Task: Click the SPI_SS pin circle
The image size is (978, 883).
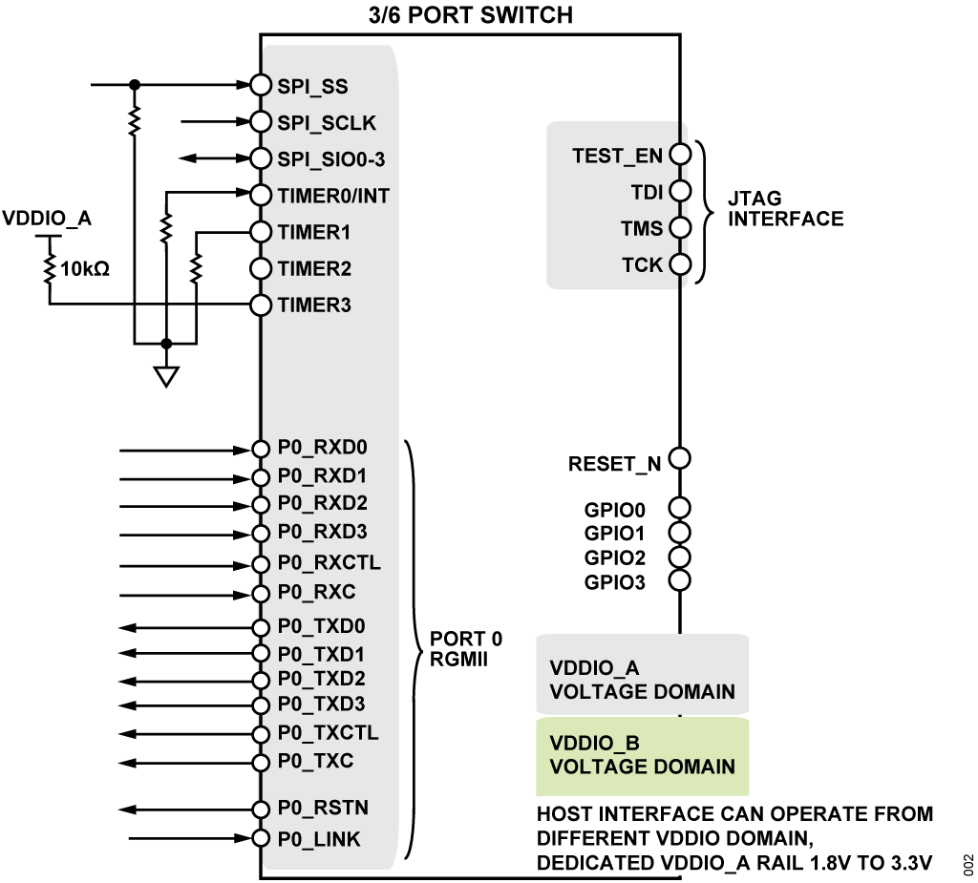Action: [x=261, y=85]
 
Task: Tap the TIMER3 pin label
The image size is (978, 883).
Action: [x=314, y=305]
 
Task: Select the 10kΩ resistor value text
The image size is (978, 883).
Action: [x=85, y=269]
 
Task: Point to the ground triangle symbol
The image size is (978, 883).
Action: [x=166, y=377]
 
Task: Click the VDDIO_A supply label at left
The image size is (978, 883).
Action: [x=48, y=220]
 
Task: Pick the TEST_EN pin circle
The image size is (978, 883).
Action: [x=680, y=155]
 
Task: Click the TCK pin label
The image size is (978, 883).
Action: [x=642, y=265]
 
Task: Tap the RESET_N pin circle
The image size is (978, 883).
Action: [x=680, y=459]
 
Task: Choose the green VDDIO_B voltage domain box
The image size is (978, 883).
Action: [x=642, y=756]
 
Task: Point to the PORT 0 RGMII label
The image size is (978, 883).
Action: [x=466, y=648]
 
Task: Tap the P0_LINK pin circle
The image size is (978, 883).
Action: [x=261, y=839]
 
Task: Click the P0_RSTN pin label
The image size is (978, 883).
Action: [x=323, y=809]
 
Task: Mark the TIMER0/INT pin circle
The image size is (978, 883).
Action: [x=261, y=195]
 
